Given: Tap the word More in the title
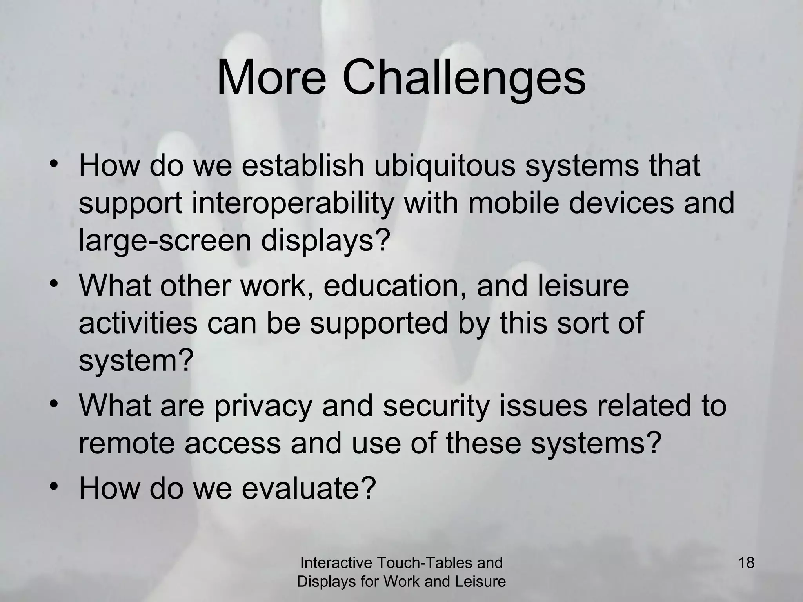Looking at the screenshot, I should pyautogui.click(x=271, y=79).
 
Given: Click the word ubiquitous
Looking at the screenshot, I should pyautogui.click(x=444, y=166).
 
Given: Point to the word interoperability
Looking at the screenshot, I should pyautogui.click(x=292, y=204).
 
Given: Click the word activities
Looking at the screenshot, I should pyautogui.click(x=138, y=323).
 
